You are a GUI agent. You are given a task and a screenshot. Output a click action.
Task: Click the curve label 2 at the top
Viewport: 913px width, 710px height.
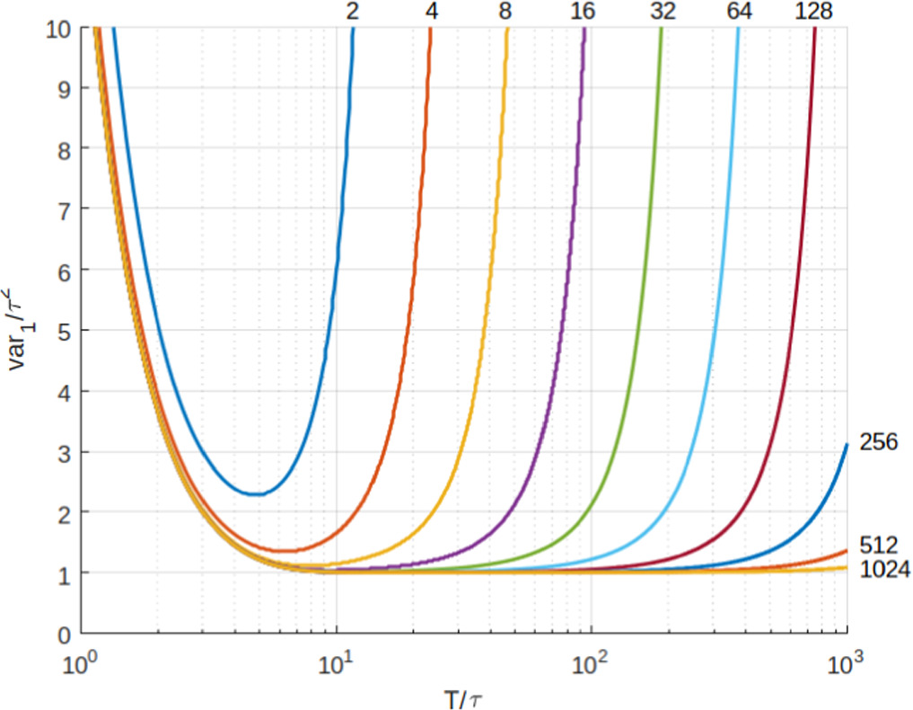click(x=352, y=12)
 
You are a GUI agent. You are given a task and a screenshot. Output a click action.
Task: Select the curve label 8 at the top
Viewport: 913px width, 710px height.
click(x=506, y=12)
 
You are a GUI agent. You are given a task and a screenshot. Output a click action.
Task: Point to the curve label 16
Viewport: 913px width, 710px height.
click(x=583, y=12)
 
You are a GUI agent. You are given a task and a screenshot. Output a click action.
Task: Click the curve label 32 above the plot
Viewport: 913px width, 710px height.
click(x=663, y=12)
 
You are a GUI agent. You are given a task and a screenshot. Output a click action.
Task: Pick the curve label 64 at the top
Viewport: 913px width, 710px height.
click(x=740, y=12)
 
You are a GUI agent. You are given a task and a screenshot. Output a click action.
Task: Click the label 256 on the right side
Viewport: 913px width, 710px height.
click(x=878, y=442)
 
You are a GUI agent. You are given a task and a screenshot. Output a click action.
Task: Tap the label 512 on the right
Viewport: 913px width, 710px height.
click(x=878, y=545)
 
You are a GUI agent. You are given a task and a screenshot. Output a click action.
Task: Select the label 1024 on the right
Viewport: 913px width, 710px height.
click(x=884, y=569)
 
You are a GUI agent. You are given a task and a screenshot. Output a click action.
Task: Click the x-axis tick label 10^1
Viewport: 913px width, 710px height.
click(x=337, y=666)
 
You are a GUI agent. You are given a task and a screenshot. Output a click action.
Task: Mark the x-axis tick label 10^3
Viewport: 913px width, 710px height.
click(x=847, y=666)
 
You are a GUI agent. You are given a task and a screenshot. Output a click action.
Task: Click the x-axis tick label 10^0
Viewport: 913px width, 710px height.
click(x=82, y=666)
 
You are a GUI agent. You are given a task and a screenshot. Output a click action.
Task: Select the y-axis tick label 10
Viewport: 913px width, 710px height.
click(x=58, y=27)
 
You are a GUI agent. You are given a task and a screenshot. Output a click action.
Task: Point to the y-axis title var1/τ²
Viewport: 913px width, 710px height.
click(x=20, y=329)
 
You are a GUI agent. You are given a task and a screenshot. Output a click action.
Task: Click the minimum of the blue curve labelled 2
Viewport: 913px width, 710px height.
click(x=259, y=493)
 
